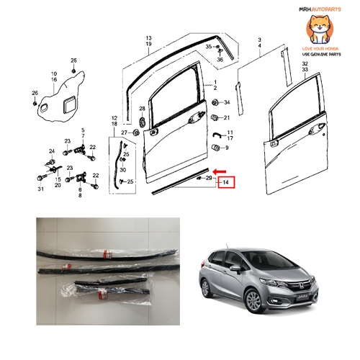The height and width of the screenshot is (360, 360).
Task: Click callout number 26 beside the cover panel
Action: pos(34,93)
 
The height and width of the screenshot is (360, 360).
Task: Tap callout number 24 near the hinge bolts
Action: pos(51,150)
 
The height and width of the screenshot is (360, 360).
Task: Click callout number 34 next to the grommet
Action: pos(226,102)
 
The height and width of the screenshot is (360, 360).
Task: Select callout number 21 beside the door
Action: pos(226,117)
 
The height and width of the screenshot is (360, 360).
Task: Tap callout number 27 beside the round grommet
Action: pos(124,132)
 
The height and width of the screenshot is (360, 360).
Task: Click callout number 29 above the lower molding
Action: pos(209,177)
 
